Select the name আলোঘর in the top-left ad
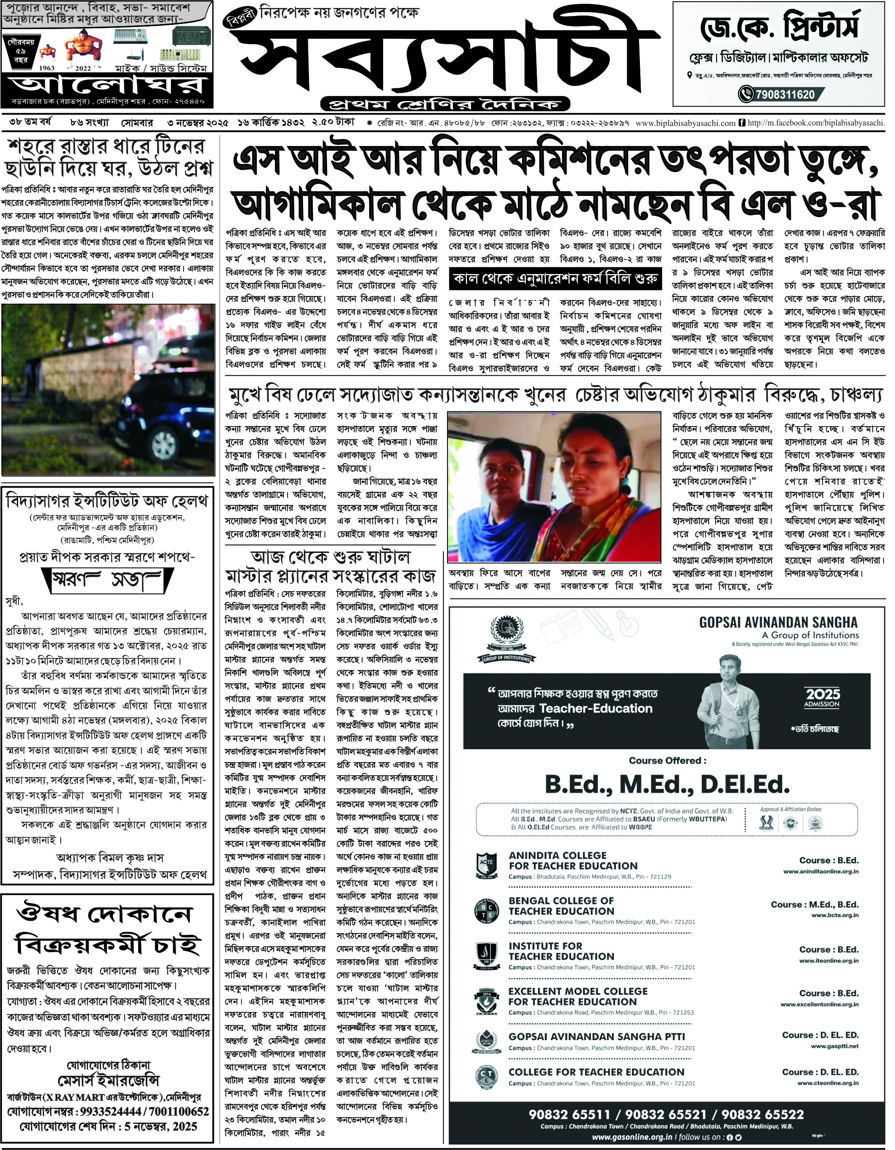tap(107, 84)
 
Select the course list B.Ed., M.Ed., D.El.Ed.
tap(666, 784)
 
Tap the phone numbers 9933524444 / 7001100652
tap(108, 1112)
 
